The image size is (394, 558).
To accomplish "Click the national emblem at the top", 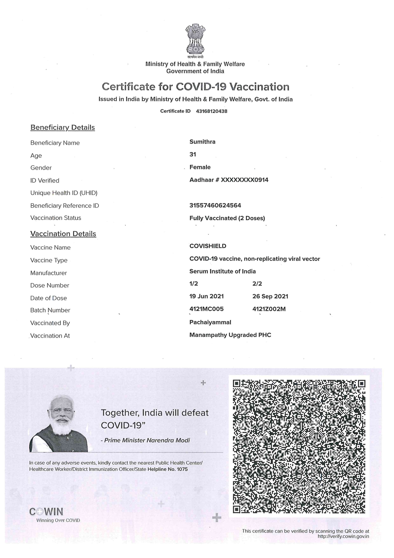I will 195,38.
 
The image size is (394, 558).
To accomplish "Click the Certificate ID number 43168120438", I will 212,111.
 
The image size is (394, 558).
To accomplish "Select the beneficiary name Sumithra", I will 202,142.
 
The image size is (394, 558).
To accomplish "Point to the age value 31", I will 193,155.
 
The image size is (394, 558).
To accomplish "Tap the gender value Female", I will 200,167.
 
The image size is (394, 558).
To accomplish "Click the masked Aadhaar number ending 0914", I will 229,180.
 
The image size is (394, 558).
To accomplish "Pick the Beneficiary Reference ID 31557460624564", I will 215,206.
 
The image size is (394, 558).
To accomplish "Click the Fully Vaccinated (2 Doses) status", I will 227,218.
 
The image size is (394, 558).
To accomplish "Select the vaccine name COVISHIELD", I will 208,246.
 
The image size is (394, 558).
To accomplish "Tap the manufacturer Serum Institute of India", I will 222,271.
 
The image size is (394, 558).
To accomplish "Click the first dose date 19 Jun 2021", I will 207,296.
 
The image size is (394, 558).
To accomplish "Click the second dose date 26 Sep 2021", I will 270,296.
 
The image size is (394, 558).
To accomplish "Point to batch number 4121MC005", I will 207,309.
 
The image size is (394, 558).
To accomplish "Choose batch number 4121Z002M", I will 269,309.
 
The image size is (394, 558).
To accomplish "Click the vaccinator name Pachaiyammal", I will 210,322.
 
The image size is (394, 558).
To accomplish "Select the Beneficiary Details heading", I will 63,128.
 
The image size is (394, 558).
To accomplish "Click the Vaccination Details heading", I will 63,234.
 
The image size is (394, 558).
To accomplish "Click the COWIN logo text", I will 46,512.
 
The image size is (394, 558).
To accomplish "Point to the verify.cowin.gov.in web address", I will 343,536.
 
